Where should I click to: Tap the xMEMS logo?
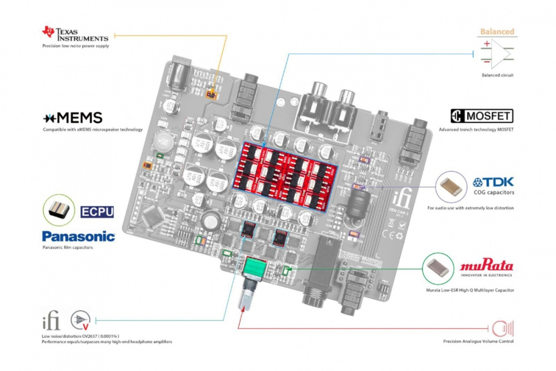[x=72, y=118]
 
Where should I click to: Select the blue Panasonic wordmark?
[x=78, y=236]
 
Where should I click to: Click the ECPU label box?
[x=97, y=211]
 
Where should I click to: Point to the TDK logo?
[x=493, y=182]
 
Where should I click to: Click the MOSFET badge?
[x=481, y=116]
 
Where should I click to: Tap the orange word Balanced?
[x=497, y=32]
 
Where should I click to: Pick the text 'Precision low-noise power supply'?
[x=76, y=46]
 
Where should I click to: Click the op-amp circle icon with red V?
[x=81, y=319]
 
